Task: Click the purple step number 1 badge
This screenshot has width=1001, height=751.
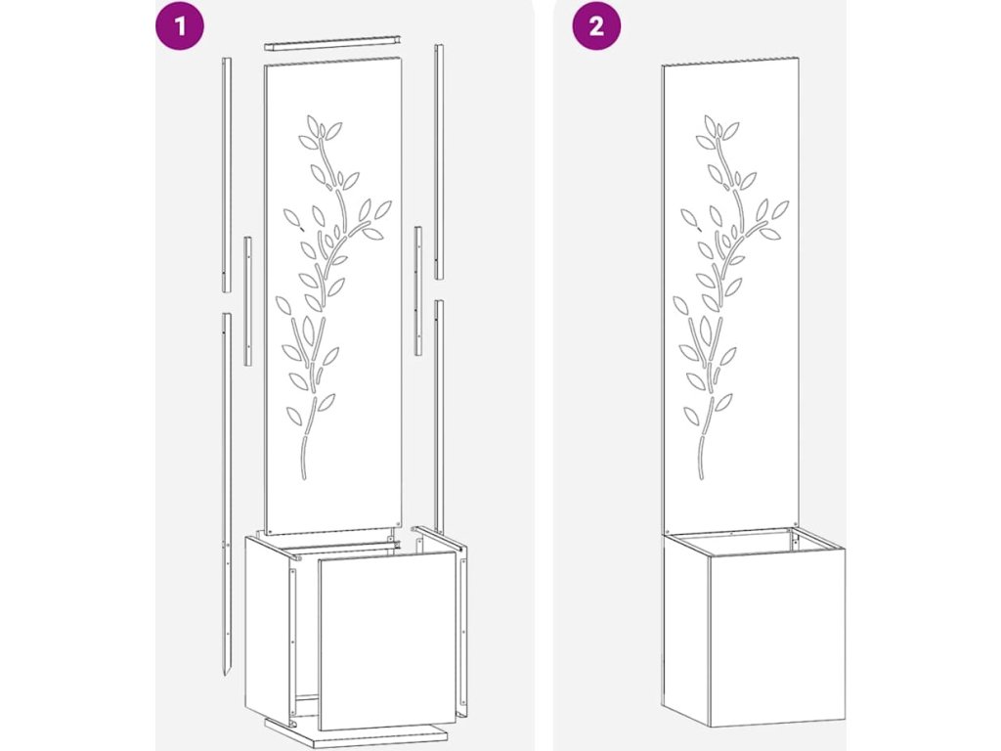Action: point(180,26)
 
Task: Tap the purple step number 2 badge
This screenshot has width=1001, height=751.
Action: point(595,26)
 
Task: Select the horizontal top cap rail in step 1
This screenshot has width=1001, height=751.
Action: point(332,43)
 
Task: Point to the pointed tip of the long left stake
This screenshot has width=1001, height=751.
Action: point(226,677)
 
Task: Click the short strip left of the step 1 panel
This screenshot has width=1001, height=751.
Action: point(247,301)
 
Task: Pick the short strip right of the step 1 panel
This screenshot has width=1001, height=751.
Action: point(418,290)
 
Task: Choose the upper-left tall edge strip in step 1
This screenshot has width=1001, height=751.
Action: point(227,174)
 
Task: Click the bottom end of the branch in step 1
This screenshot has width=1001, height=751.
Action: point(303,477)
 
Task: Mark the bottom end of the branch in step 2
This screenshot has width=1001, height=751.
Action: point(700,477)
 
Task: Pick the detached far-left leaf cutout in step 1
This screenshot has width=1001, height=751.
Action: point(291,218)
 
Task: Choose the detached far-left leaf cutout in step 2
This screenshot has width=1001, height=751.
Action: point(689,218)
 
